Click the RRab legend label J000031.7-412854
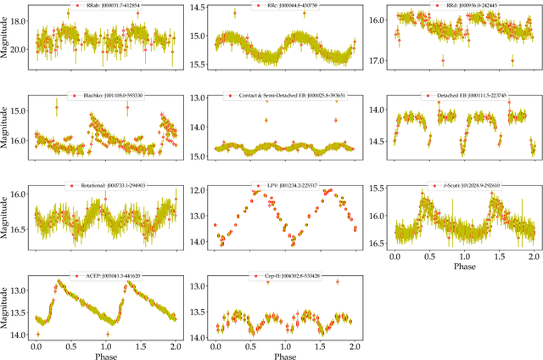(109, 6)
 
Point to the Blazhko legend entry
(109, 96)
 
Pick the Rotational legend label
(109, 185)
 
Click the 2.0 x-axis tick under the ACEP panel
(173, 346)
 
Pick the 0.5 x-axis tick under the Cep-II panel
(249, 346)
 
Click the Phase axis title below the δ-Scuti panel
(463, 267)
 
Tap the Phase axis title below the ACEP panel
(104, 356)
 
